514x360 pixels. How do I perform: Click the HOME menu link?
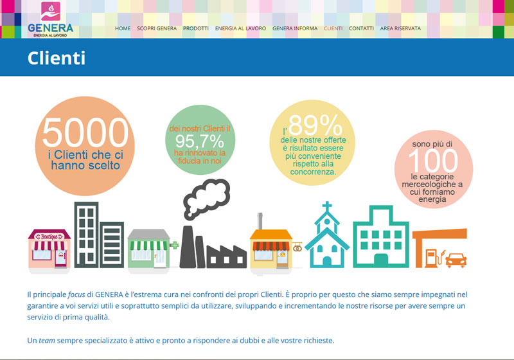click(123, 28)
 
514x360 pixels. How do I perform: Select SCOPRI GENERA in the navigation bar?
click(157, 28)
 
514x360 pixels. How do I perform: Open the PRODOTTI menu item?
click(196, 28)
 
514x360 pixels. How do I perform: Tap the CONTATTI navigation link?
click(361, 28)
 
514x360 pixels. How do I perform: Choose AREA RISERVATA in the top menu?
click(400, 28)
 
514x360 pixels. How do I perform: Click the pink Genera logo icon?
click(51, 11)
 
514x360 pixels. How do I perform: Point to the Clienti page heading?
click(57, 59)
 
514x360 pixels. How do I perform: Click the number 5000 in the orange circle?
click(85, 133)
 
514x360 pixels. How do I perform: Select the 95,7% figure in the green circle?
click(200, 141)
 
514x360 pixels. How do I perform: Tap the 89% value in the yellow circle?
click(315, 125)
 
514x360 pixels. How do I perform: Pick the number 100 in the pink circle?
click(433, 160)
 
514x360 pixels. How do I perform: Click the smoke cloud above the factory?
click(206, 199)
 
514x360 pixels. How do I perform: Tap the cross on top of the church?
click(327, 207)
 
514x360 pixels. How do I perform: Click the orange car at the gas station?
click(456, 260)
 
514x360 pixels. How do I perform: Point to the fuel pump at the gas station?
click(432, 257)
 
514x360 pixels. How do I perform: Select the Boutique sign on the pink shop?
click(49, 237)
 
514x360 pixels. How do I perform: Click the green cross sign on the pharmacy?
click(174, 245)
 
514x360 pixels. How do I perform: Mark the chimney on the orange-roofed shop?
click(260, 221)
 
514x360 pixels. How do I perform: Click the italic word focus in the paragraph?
click(76, 295)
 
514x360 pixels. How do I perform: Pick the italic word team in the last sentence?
click(47, 341)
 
